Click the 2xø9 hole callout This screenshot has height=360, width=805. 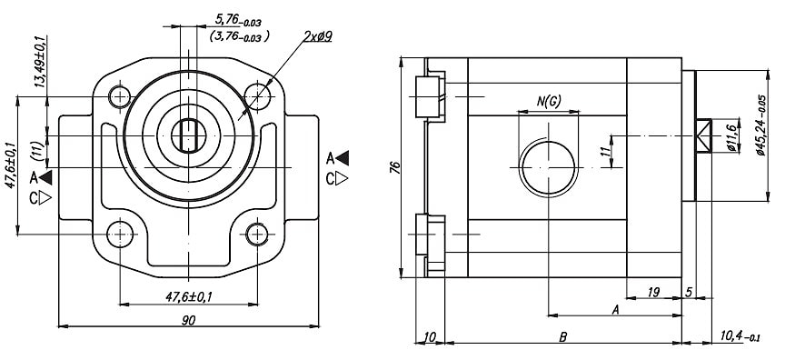318,36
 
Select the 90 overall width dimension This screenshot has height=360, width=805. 188,320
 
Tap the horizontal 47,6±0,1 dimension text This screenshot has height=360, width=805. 188,297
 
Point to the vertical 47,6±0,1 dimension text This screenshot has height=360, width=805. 11,165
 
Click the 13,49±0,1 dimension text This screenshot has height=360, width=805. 41,62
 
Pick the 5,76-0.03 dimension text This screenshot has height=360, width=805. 238,21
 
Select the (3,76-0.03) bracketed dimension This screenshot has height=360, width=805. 239,36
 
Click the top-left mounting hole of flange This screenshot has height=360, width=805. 120,96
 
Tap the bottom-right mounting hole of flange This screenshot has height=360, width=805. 257,235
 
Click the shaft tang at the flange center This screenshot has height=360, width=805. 189,135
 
